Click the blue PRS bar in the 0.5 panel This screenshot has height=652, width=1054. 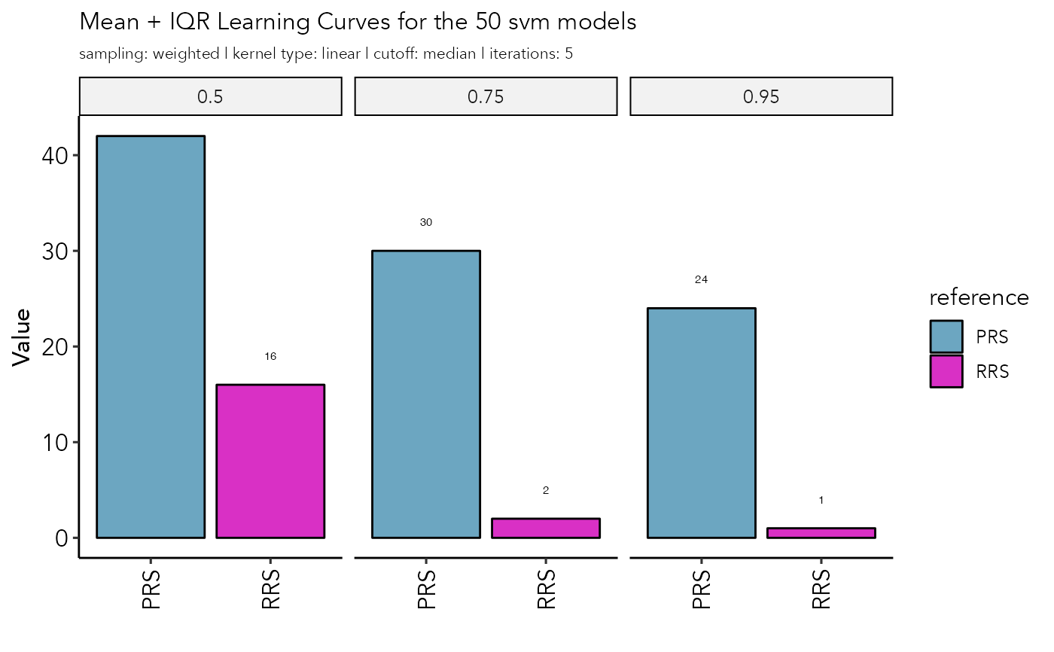pos(151,337)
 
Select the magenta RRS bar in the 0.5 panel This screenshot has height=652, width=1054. pos(270,461)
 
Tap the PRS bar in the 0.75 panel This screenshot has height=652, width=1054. pos(426,394)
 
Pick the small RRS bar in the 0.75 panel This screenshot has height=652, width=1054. pos(546,528)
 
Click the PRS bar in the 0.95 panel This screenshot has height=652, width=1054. pos(701,422)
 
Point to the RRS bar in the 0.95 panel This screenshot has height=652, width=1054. pos(821,532)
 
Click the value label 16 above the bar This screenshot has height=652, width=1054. pos(270,356)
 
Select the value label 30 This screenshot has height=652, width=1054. pos(426,222)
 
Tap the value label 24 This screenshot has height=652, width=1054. pos(701,279)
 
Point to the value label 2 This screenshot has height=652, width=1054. pos(546,490)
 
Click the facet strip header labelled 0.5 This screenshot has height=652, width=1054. pos(211,96)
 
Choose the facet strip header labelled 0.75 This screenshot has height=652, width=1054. pos(486,96)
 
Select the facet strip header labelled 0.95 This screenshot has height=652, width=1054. pos(761,96)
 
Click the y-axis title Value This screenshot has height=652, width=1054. pos(23,337)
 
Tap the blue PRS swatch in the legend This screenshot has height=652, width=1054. pos(946,337)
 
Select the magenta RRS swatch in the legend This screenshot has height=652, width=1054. pos(946,371)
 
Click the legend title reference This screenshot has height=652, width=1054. pos(979,297)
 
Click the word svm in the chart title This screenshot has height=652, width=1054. pos(530,23)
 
